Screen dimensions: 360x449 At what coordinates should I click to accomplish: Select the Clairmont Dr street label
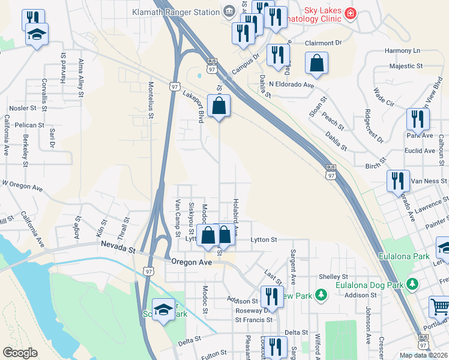pyautogui.click(x=322, y=43)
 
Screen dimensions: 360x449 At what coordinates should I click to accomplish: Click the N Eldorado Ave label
pyautogui.click(x=292, y=85)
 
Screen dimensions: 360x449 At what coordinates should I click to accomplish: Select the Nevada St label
pyautogui.click(x=116, y=245)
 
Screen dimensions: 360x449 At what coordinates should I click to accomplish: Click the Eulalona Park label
pyautogui.click(x=404, y=257)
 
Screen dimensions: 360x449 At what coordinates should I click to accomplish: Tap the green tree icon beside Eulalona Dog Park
pyautogui.click(x=412, y=283)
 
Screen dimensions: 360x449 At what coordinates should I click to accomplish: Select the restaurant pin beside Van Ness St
pyautogui.click(x=398, y=180)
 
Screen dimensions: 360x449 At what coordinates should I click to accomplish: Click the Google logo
pyautogui.click(x=20, y=353)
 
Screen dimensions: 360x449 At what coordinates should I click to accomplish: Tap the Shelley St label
pyautogui.click(x=330, y=276)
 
